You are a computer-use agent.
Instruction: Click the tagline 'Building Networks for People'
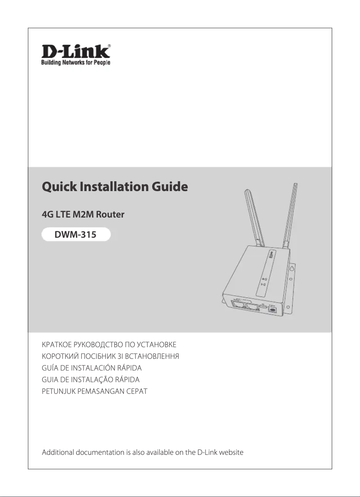[73, 62]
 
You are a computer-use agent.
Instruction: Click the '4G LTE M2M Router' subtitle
[83, 214]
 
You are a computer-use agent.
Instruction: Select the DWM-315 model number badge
[75, 234]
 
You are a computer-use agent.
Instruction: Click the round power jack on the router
[272, 309]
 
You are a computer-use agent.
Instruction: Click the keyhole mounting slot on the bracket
[292, 269]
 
